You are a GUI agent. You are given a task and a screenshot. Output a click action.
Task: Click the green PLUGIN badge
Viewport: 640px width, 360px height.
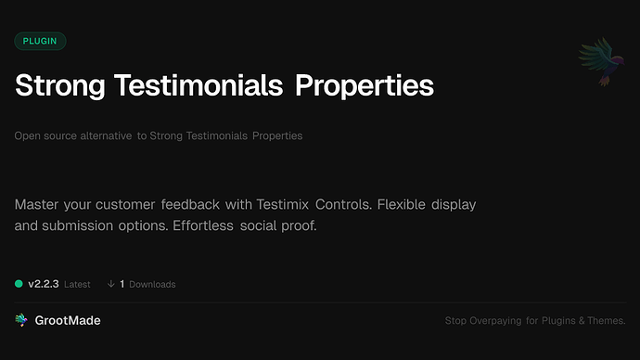[x=40, y=41]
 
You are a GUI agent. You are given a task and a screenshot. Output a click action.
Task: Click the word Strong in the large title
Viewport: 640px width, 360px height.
[x=58, y=85]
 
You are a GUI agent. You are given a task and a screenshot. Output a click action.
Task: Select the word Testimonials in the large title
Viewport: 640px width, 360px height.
[x=198, y=85]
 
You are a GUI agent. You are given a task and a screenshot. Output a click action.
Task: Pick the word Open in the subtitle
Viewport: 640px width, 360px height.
[x=27, y=135]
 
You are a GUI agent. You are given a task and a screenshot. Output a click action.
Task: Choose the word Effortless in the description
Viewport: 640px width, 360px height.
[x=203, y=225]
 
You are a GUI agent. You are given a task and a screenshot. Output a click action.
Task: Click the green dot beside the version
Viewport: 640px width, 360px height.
[x=19, y=284]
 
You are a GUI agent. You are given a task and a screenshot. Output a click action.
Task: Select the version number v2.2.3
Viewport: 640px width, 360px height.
[x=44, y=284]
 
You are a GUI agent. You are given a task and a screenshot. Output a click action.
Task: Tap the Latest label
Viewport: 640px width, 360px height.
[x=78, y=284]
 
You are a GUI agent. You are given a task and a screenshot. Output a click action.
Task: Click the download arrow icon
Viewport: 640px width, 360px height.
[x=111, y=284]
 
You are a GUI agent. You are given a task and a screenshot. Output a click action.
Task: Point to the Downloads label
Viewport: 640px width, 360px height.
[x=152, y=284]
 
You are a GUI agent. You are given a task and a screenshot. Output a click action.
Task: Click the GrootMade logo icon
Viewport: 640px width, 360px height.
[x=21, y=320]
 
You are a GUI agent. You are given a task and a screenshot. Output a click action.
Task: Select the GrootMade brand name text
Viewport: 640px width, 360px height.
[x=68, y=320]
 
